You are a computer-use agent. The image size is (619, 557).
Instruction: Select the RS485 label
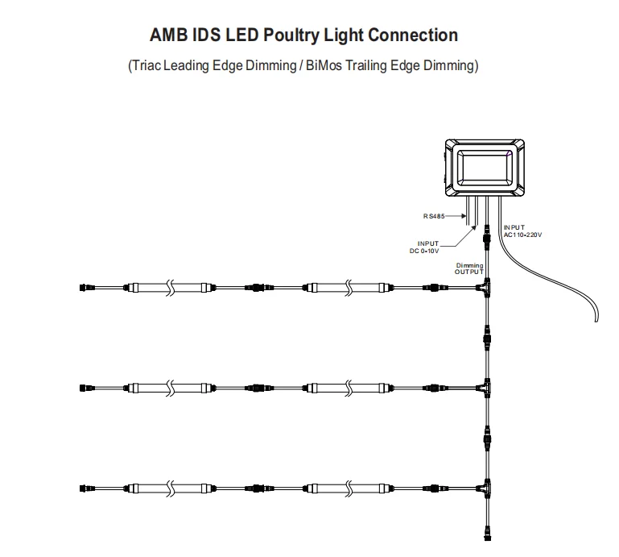point(435,216)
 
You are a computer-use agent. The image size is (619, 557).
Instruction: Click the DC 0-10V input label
point(427,247)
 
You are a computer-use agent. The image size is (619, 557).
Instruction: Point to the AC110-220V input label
point(523,232)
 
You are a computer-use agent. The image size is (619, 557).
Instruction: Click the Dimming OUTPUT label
point(469,269)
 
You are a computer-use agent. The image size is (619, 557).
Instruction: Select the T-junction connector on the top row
point(485,288)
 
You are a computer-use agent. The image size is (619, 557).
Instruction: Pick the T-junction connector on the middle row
point(485,388)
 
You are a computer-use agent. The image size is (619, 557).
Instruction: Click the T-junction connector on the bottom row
point(485,488)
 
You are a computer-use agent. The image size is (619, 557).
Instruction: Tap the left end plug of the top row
point(85,287)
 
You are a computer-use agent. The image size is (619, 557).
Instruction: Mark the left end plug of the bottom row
point(85,488)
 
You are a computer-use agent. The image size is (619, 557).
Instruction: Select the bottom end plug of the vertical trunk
point(485,532)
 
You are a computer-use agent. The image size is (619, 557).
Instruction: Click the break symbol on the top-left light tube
point(170,287)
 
